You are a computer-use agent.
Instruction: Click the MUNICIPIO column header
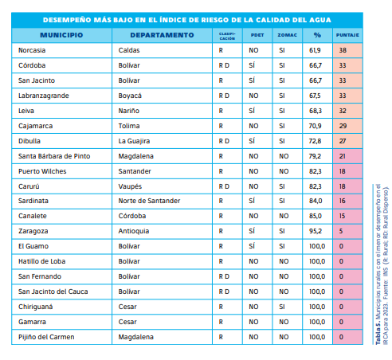[61, 35]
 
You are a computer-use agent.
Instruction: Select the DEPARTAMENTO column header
[162, 35]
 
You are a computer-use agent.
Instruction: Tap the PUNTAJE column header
[347, 36]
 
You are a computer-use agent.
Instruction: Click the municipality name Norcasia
[32, 50]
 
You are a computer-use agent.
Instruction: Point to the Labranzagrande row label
[43, 95]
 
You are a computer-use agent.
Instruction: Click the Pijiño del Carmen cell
[45, 337]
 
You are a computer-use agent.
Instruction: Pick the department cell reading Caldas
[128, 50]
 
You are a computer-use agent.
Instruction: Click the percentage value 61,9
[315, 50]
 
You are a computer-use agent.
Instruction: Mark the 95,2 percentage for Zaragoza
[315, 231]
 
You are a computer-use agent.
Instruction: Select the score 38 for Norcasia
[343, 50]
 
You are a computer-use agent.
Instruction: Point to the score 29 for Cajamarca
[343, 126]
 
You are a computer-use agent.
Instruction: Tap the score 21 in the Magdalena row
[343, 156]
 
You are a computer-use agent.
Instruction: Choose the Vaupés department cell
[130, 186]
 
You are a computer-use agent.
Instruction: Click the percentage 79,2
[315, 156]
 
